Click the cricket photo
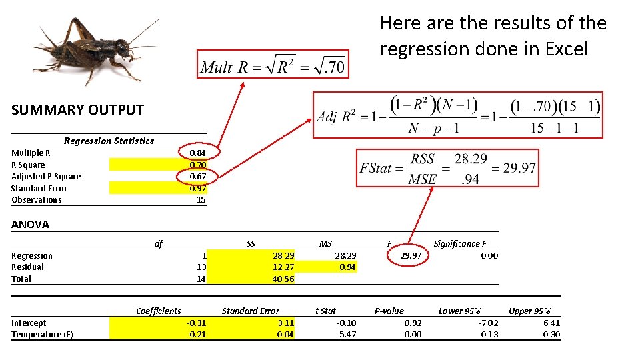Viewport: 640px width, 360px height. click(93, 50)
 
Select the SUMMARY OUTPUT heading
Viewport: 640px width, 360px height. click(77, 110)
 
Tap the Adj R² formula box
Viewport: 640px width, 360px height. click(458, 115)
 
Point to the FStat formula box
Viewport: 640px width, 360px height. click(447, 167)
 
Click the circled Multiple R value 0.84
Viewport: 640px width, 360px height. click(197, 153)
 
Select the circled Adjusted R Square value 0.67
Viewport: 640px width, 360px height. click(197, 177)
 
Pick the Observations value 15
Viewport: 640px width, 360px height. click(201, 200)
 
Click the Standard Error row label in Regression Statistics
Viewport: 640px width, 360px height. click(39, 188)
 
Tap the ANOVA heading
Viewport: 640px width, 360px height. click(30, 225)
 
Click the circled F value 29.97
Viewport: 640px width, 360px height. click(411, 256)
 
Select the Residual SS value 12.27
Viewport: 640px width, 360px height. click(283, 267)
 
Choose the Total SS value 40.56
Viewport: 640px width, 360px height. click(283, 279)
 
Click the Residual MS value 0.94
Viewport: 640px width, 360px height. click(347, 267)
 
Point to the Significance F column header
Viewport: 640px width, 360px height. click(460, 244)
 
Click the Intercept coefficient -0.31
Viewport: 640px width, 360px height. click(197, 323)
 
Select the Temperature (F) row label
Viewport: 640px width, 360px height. click(41, 335)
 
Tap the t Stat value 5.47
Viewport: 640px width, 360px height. click(347, 335)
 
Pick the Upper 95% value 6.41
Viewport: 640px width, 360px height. click(551, 323)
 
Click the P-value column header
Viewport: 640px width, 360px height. click(389, 311)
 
